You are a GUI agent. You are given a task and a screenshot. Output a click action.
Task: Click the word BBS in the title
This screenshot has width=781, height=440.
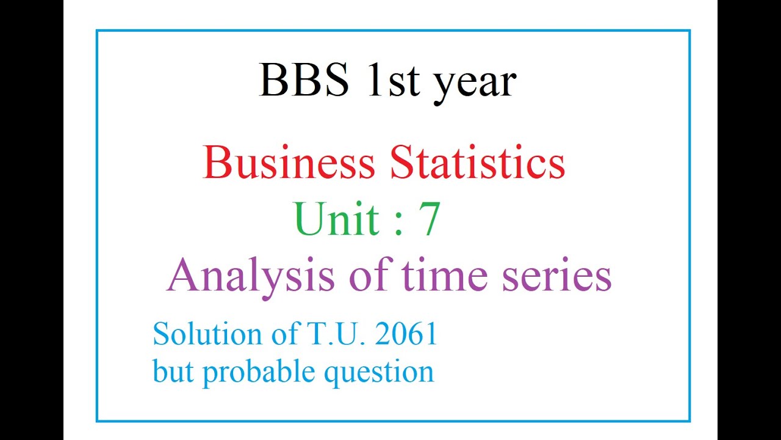[304, 81]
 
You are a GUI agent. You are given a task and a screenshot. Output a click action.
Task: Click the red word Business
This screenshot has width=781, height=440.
[289, 164]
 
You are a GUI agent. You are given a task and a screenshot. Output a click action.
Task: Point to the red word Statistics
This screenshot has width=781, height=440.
[478, 164]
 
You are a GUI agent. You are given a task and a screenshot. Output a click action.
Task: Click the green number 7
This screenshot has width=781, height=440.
[429, 220]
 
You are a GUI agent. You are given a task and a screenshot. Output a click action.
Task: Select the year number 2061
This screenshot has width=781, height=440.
[406, 334]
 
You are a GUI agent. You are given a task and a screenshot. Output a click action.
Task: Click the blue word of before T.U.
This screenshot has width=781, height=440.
[279, 334]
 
